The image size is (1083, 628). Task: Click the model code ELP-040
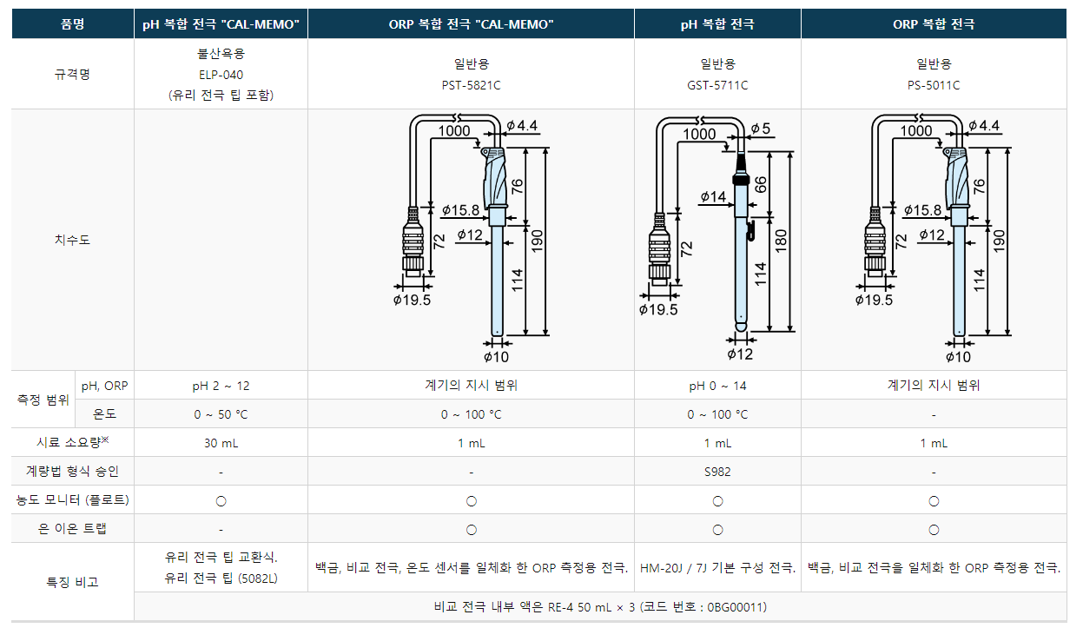click(221, 75)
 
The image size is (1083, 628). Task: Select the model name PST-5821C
click(471, 86)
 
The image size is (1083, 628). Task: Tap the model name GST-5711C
click(717, 86)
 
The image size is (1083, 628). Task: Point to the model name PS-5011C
click(934, 86)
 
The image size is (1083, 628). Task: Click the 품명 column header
click(73, 23)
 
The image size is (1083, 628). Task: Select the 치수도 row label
click(73, 240)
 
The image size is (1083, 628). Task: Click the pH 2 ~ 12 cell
click(221, 386)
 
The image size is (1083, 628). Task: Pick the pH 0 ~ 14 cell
click(717, 386)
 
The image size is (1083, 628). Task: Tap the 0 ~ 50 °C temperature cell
click(221, 414)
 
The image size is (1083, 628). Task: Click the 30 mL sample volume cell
click(221, 443)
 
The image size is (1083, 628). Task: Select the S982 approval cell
click(717, 472)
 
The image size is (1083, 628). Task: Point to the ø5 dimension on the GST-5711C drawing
click(761, 129)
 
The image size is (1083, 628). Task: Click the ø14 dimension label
click(713, 197)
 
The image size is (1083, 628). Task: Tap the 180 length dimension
click(781, 241)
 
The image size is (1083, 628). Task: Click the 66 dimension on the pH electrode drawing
click(761, 185)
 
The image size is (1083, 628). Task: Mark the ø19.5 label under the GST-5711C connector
click(658, 309)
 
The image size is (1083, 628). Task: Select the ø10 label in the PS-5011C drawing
click(958, 357)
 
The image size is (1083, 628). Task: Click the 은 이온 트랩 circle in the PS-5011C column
click(934, 530)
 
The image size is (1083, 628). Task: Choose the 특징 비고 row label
click(73, 582)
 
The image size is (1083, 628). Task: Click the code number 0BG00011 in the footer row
click(735, 607)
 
